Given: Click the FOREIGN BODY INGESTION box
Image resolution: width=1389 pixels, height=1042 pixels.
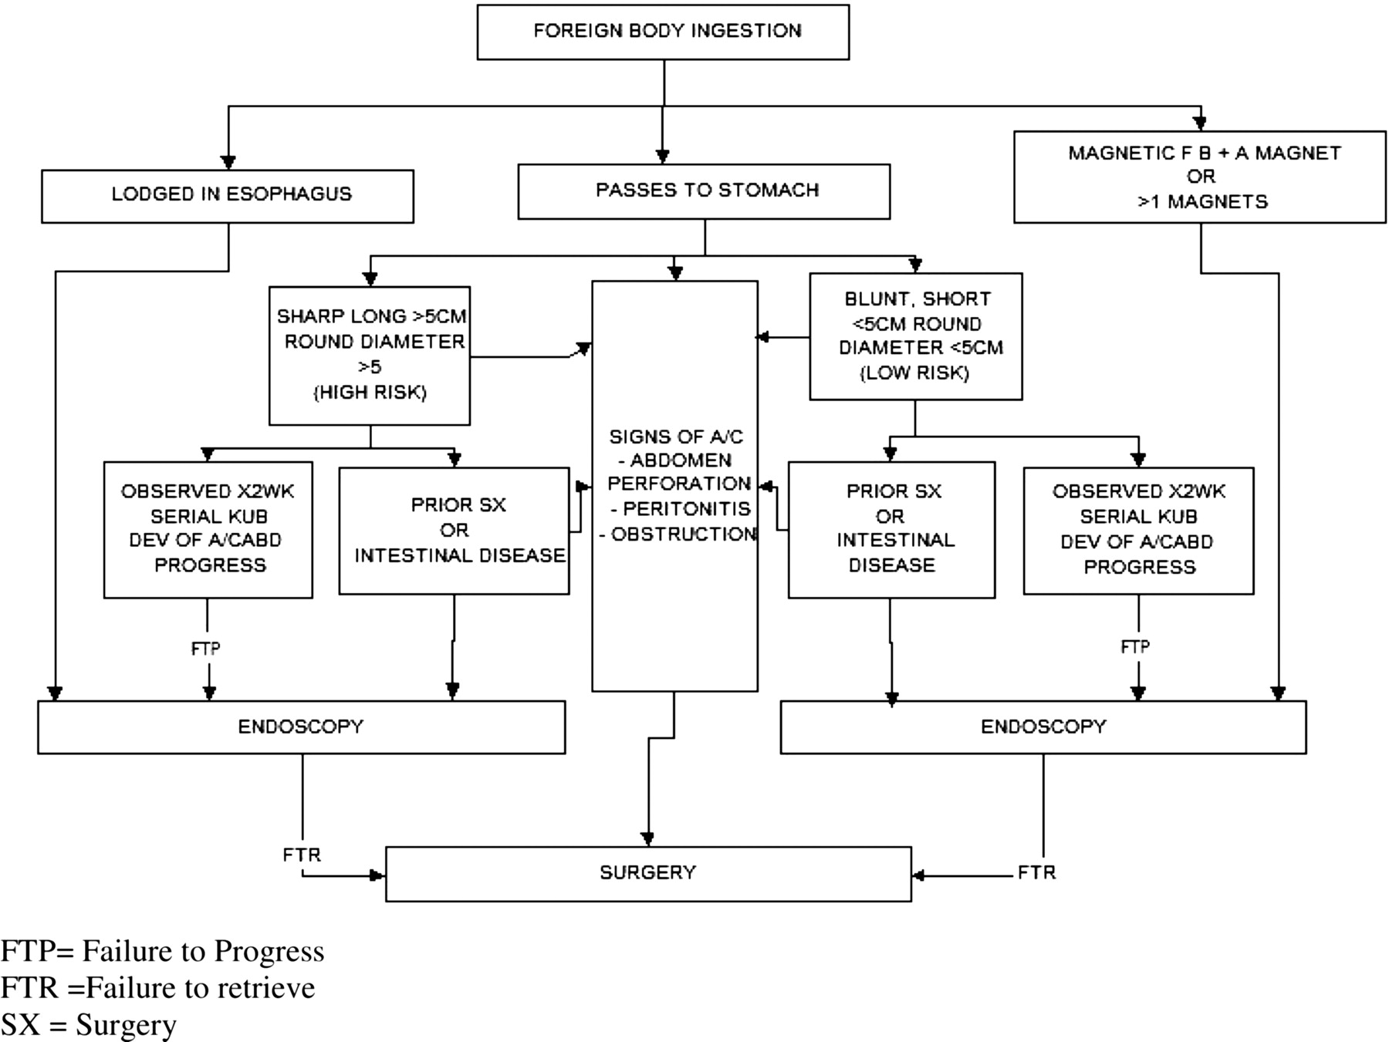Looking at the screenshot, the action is coord(663,32).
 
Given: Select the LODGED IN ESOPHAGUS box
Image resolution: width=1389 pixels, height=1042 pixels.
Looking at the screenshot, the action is coord(228,197).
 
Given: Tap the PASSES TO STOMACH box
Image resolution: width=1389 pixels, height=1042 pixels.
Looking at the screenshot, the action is coord(704,191).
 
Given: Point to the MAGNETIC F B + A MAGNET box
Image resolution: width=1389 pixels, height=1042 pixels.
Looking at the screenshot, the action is coord(1200,177).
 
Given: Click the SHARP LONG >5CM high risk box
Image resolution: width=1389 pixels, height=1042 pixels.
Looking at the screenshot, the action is coord(370,356).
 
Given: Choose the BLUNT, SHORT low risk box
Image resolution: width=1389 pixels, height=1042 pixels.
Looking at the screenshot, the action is coord(916,336).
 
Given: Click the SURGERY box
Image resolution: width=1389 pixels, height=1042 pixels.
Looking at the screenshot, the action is coord(648,874).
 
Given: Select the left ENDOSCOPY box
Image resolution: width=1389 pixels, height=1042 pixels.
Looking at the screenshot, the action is coord(301,727).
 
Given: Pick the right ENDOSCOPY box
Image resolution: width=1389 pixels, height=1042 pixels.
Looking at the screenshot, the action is coord(1043,727).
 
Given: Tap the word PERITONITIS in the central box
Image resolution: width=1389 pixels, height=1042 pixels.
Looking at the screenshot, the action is coord(687,509).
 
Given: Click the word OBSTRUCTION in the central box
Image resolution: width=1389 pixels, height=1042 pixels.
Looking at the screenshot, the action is coord(684,534).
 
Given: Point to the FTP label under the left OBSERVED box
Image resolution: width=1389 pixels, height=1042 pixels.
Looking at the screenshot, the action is coord(205,649).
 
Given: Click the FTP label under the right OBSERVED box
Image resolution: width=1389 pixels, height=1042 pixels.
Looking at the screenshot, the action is coord(1135,646).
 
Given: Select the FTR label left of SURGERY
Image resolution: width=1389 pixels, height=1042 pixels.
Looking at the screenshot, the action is coord(302,855).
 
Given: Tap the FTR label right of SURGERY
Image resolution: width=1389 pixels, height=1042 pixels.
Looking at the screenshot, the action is coord(1036,872).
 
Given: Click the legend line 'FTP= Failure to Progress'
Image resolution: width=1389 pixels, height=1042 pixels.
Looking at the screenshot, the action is coord(162,951).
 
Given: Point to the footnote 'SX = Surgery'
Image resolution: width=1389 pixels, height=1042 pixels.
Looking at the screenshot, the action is coord(89,1025).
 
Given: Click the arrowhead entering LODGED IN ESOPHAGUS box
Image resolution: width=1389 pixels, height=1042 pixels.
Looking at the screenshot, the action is coord(228,163).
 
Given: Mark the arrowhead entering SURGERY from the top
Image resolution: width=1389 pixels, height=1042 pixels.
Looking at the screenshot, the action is coord(648,839).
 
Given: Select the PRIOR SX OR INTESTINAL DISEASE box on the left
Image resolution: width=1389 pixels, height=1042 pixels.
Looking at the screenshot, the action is coord(454,531).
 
